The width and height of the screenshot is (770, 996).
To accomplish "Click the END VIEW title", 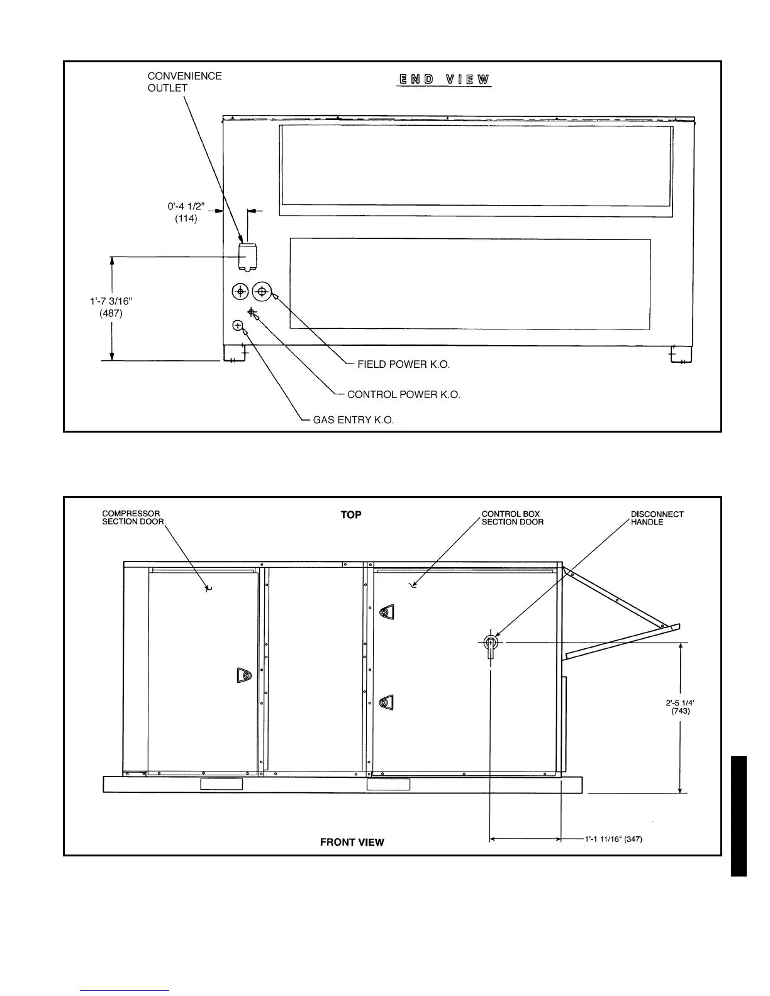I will coord(444,80).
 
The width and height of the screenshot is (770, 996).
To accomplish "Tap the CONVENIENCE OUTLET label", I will coord(184,82).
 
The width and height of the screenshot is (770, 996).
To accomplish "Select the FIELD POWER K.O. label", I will coord(403,364).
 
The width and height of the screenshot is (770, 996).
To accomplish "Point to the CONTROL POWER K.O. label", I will coord(403,395).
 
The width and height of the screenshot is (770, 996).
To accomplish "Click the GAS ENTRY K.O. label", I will coord(354,420).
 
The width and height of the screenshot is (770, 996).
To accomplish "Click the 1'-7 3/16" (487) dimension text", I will coord(111,307).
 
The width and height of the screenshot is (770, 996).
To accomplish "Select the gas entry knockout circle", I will coord(238,325).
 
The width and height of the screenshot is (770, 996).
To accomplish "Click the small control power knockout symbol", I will coord(252,312).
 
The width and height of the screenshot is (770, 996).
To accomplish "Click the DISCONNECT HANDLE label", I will coord(657,518).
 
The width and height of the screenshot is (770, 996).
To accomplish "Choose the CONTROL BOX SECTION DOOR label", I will coord(512,518).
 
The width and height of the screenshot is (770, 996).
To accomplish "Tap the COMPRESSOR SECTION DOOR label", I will coord(133,518).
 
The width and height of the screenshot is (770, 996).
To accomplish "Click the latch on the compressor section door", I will coord(244,675).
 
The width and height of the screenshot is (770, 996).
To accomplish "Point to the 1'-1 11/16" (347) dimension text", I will coord(613,839).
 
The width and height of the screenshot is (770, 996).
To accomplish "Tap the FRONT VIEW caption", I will coord(352,842).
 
